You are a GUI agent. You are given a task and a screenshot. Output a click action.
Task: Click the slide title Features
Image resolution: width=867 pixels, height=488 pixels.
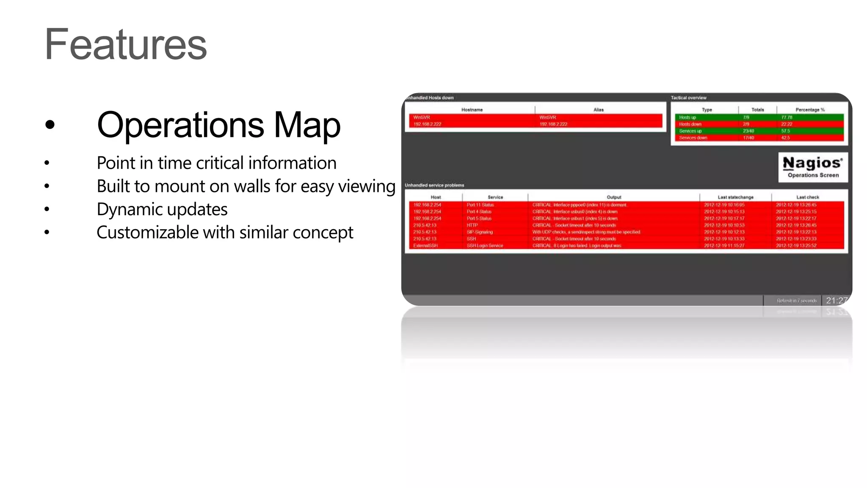(126, 44)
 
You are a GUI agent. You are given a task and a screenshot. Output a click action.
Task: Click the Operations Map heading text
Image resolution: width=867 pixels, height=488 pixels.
(218, 125)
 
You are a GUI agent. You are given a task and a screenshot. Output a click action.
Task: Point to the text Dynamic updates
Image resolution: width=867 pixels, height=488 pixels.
(162, 209)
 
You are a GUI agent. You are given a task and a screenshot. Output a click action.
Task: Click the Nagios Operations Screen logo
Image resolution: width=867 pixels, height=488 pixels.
(813, 167)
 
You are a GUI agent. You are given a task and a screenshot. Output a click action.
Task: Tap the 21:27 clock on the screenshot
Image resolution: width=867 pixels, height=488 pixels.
(837, 300)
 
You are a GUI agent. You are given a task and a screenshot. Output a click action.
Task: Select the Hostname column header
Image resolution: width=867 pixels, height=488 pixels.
(472, 110)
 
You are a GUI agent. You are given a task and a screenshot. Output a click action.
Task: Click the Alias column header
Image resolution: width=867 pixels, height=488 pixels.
(598, 110)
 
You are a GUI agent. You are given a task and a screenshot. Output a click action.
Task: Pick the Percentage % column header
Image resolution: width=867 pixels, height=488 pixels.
(810, 110)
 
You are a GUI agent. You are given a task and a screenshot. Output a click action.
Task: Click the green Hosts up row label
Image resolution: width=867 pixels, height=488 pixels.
(688, 117)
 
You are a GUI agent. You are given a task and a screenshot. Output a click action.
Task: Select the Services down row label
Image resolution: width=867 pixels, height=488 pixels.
(693, 138)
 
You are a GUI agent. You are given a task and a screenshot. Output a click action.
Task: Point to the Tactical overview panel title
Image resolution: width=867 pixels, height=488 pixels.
(688, 98)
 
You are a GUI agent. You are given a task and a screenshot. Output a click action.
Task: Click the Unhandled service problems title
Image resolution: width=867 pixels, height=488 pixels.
(434, 185)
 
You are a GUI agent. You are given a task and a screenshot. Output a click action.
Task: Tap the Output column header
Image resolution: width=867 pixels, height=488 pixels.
(614, 197)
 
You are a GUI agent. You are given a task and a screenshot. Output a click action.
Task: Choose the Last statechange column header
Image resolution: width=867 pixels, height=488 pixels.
(735, 197)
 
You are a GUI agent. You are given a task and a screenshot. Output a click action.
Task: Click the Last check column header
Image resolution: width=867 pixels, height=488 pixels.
(807, 197)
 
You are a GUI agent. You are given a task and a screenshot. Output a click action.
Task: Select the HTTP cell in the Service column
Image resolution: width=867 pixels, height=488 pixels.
(472, 225)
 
